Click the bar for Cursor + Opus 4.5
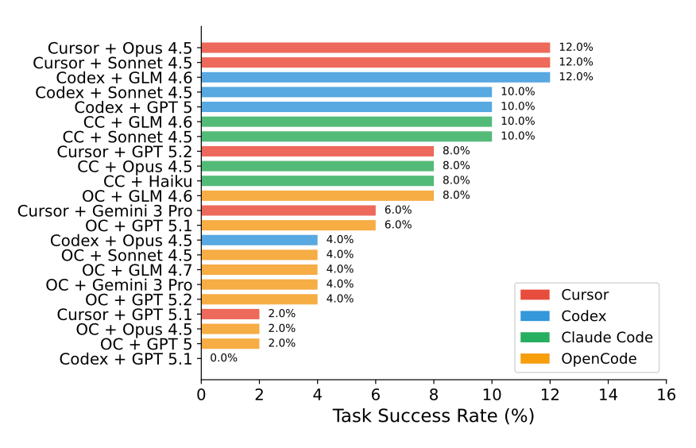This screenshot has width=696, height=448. pos(375,48)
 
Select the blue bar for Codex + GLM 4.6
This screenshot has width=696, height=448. pos(375,77)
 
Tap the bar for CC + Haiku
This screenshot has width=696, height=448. pos(317,180)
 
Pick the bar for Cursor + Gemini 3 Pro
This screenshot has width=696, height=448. pos(288,210)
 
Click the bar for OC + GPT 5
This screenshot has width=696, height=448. pos(230,343)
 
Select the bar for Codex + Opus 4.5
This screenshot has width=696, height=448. pos(259,240)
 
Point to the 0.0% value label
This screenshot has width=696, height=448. pos(223,358)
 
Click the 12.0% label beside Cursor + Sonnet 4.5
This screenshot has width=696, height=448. pos(575,62)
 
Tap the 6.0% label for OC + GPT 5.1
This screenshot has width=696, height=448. pos(397,225)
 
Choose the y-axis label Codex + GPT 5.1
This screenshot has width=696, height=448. pos(126,359)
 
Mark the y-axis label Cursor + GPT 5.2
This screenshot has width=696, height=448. pos(124,151)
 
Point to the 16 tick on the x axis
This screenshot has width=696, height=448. pos(666,395)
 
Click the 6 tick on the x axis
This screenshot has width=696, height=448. pos(375,395)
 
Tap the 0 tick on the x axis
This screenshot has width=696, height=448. pos(201,395)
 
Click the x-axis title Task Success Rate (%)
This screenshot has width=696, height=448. pos(433,415)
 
